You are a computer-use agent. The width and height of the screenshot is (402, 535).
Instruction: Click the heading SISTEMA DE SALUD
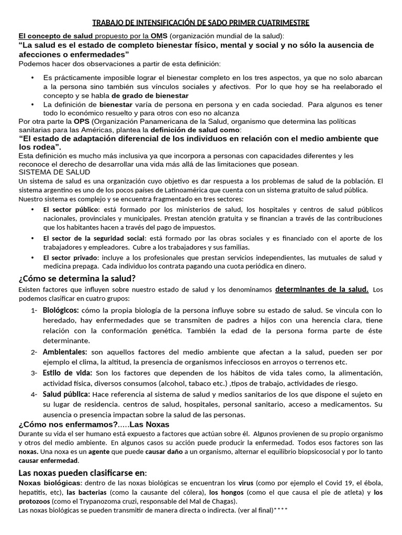[x=54, y=172]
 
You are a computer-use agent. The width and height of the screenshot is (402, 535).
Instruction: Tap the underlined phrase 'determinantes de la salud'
[x=321, y=289]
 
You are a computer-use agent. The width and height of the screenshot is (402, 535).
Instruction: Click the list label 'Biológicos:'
[x=61, y=310]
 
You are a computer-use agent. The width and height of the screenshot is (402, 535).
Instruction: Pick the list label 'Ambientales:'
[x=65, y=352]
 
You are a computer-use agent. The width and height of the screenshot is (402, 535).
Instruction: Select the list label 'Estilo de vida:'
[x=68, y=373]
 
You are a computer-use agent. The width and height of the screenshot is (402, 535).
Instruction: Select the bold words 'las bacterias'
[x=86, y=492]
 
